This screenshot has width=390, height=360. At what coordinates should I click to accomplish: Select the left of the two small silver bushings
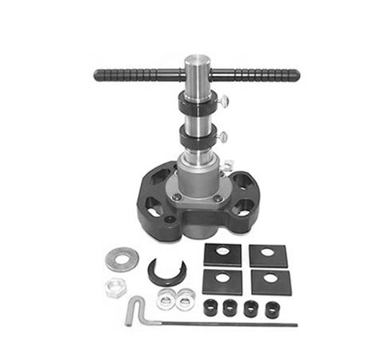point(165,297)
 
